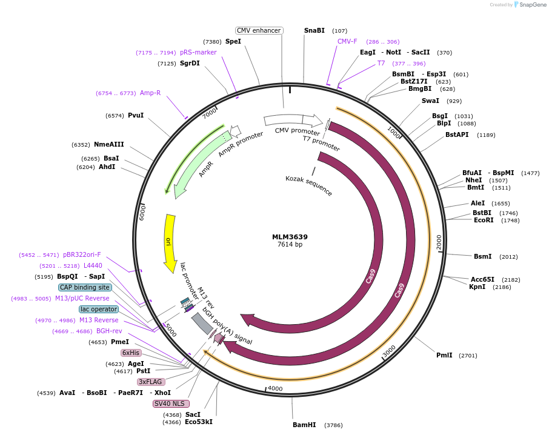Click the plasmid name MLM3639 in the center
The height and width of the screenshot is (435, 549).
[290, 237]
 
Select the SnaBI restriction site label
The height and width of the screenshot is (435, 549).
[314, 30]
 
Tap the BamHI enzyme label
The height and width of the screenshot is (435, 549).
[304, 425]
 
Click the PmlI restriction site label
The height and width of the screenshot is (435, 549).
[444, 355]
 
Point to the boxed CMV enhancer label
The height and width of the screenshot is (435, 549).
[259, 30]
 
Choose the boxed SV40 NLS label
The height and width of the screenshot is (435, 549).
[171, 403]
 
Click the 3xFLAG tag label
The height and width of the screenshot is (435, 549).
[151, 382]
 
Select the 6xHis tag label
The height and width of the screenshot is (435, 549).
[131, 353]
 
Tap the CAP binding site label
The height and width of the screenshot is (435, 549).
[85, 287]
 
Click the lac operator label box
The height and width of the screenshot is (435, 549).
[99, 309]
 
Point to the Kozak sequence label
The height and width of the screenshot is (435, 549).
[309, 185]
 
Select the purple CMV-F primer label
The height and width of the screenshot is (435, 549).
[347, 42]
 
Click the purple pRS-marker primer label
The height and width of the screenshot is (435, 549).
[198, 52]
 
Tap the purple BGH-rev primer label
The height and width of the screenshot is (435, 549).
[109, 331]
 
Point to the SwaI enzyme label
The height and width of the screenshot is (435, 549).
[430, 101]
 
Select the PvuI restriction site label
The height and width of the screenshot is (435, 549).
[136, 115]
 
